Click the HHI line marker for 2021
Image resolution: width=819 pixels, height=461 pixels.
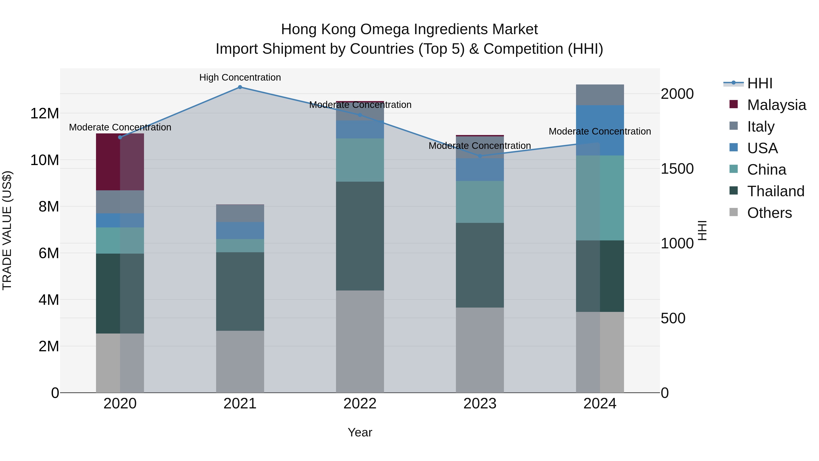pos(240,87)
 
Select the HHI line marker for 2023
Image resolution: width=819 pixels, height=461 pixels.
pos(480,156)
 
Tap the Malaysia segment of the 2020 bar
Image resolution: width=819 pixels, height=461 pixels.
pos(120,162)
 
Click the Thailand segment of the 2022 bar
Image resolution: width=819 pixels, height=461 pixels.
pos(360,236)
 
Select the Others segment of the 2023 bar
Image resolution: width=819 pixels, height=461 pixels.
pos(480,350)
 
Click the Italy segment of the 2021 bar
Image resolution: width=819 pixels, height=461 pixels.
pos(240,213)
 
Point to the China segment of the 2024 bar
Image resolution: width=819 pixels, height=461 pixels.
pos(600,198)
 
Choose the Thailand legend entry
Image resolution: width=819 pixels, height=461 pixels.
pos(776,191)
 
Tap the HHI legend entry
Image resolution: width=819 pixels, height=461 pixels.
pos(760,83)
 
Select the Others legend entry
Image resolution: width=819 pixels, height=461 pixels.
pos(769,213)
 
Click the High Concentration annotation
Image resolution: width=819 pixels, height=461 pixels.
pos(240,77)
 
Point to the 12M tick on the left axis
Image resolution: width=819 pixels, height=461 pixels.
pos(45,113)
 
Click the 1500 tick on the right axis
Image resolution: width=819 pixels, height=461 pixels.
pos(677,169)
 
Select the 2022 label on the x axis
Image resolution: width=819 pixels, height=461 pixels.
pos(360,404)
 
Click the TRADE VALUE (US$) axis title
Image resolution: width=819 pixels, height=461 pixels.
pos(7,230)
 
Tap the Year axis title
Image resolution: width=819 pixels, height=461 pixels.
pos(360,432)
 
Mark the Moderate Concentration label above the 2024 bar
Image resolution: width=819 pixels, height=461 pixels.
pos(600,131)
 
